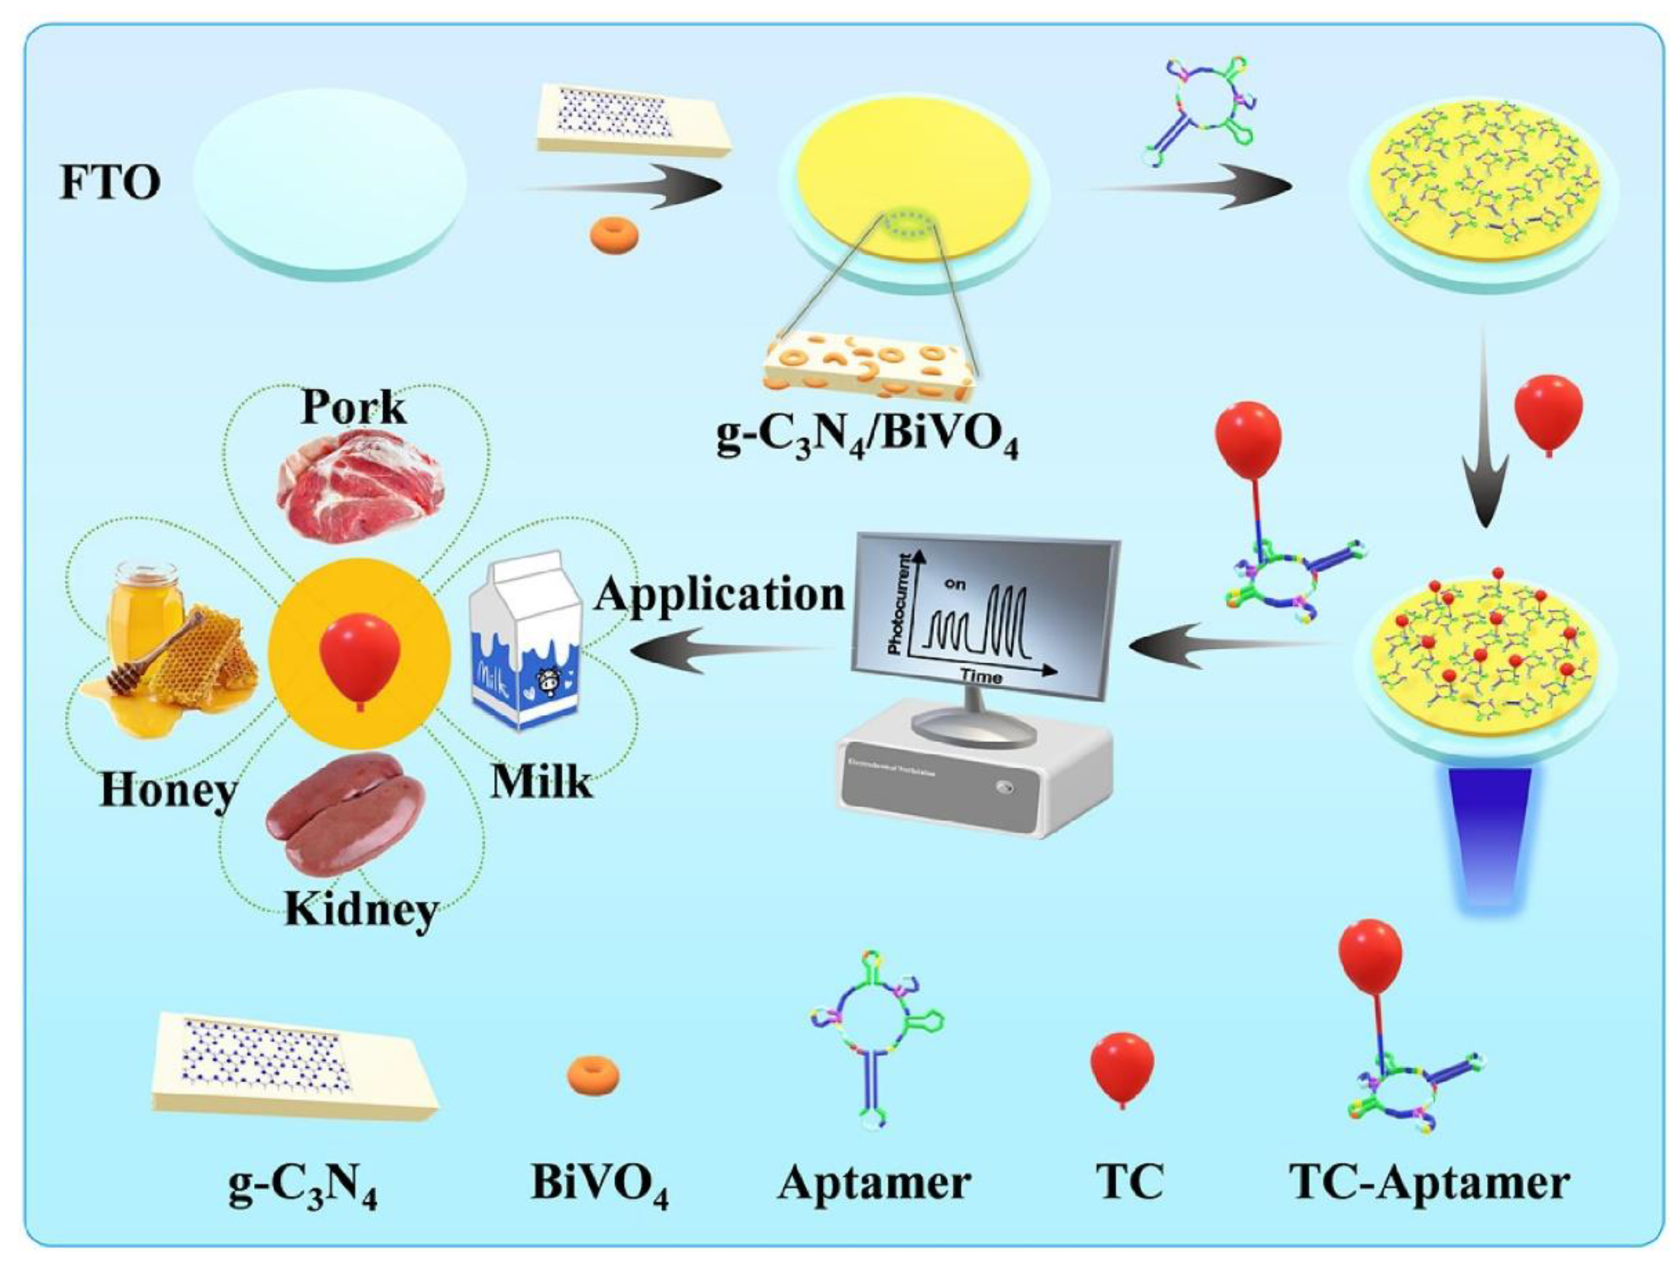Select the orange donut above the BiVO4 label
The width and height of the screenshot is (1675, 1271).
pyautogui.click(x=594, y=1076)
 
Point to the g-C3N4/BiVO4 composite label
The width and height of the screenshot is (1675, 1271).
pyautogui.click(x=868, y=439)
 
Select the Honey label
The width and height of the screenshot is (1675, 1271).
pyautogui.click(x=168, y=792)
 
